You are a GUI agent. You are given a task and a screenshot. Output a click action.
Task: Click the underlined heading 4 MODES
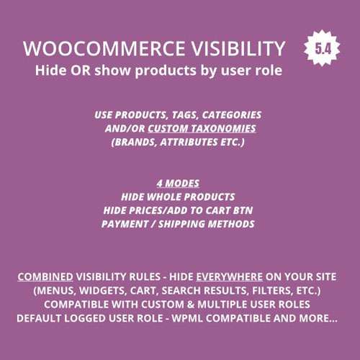179,183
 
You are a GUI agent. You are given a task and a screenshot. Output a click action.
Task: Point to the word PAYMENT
132,224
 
